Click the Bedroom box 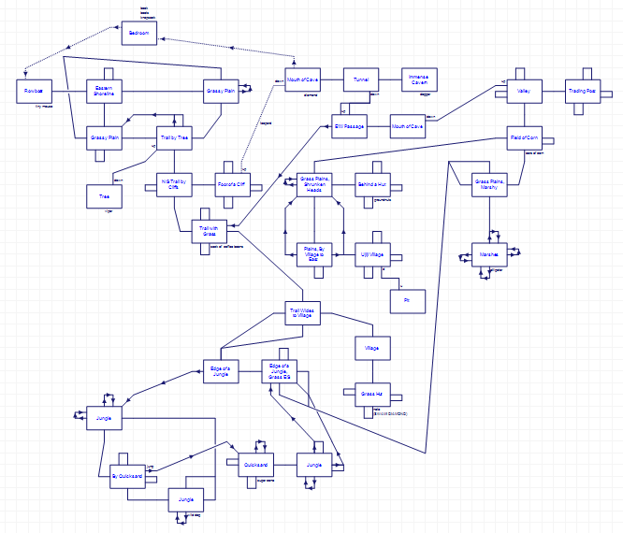138,35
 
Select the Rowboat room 34,92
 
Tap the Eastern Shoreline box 104,91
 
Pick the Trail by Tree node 173,137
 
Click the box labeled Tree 104,196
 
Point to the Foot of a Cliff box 232,184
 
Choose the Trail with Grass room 208,230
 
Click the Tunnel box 361,80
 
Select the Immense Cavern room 418,80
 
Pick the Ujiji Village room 372,253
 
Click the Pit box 407,301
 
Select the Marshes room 489,255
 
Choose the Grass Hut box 372,394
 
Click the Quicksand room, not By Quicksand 256,464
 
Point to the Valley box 524,92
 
